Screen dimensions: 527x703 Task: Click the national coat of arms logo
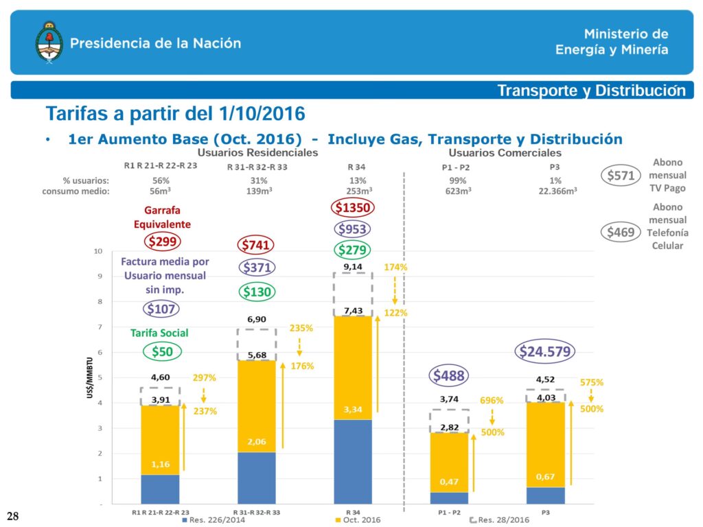click(48, 42)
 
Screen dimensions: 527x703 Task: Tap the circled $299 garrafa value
click(163, 241)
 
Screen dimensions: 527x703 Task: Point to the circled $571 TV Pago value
click(620, 176)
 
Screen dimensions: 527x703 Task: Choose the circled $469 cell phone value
click(620, 233)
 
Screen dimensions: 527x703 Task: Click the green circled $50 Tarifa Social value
click(163, 352)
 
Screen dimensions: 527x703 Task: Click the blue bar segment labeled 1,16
click(160, 489)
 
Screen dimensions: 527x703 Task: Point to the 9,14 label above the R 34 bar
click(352, 267)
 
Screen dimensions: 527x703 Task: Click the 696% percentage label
click(492, 400)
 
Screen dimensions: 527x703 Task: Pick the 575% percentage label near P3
click(592, 382)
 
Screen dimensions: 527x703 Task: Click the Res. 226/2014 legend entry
click(213, 520)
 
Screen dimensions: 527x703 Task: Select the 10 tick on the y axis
click(99, 251)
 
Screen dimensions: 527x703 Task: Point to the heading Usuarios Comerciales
click(505, 152)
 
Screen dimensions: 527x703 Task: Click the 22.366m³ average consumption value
click(557, 192)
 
